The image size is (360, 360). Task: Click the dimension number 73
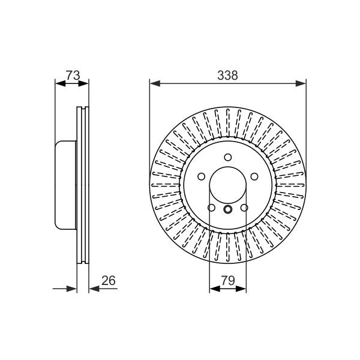tap(73, 75)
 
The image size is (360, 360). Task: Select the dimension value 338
tap(227, 76)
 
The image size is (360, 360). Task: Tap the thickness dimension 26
tap(109, 281)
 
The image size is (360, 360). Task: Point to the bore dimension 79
tap(228, 280)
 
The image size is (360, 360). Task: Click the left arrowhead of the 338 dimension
tap(155, 83)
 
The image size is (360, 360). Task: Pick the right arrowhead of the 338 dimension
tap(301, 83)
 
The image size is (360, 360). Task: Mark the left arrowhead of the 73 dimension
tap(61, 83)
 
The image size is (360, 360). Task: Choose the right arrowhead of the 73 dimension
tap(83, 83)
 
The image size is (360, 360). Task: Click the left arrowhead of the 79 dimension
tap(215, 289)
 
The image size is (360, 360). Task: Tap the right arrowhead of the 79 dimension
tap(241, 289)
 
